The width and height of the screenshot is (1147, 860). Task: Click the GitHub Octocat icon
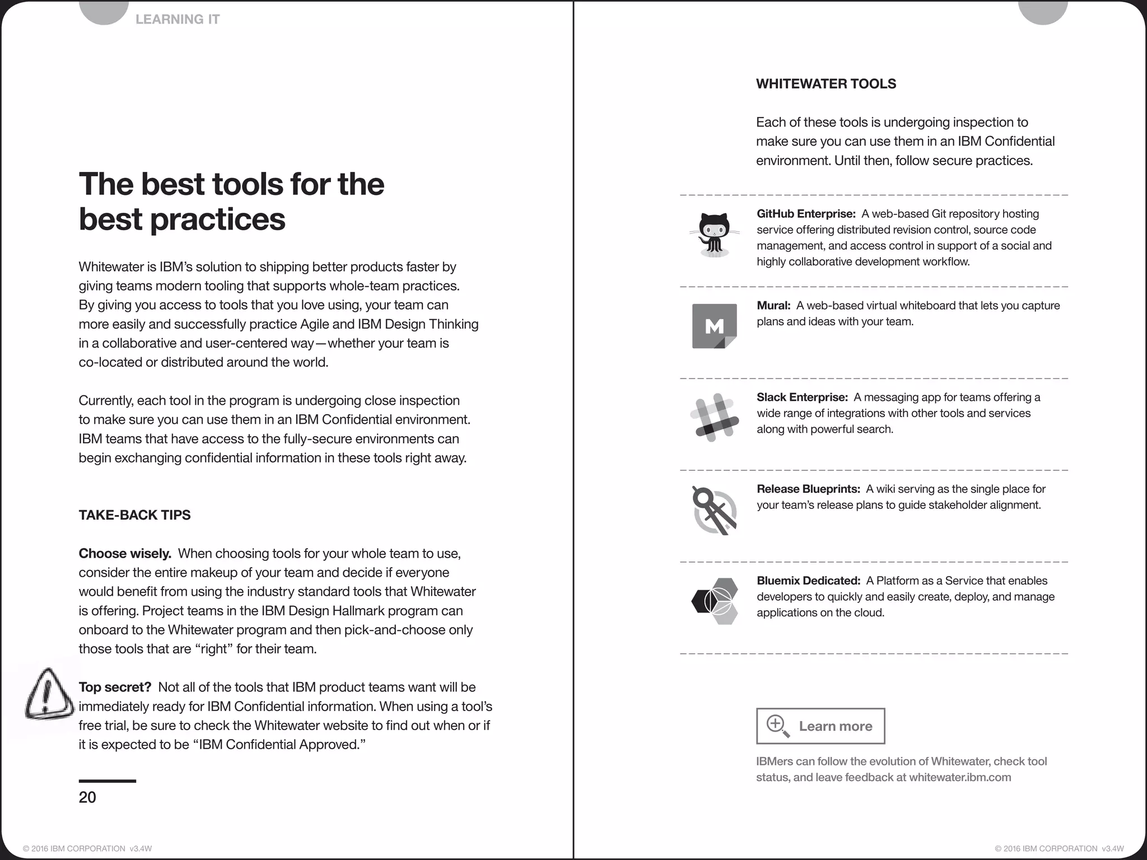tap(714, 235)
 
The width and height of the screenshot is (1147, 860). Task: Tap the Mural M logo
tap(714, 326)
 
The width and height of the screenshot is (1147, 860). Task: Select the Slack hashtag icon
tap(712, 418)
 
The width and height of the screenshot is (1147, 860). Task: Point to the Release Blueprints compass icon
tap(714, 510)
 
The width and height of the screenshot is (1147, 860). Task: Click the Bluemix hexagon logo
tap(715, 601)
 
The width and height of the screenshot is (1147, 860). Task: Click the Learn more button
tap(820, 726)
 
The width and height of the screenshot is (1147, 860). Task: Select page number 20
tap(87, 797)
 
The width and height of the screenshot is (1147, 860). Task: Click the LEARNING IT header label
tap(178, 20)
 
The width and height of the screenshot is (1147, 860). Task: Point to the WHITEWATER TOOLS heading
tap(826, 84)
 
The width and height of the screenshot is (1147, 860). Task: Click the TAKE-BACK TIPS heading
tap(134, 515)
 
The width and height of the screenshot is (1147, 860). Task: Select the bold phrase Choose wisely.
tap(125, 554)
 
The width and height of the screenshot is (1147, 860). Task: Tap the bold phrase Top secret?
tap(115, 688)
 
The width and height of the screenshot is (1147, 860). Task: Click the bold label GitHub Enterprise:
tap(806, 214)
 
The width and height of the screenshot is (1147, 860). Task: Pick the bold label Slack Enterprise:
tap(802, 398)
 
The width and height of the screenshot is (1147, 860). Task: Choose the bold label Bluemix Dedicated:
tap(808, 581)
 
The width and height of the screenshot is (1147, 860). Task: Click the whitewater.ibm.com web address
tap(960, 778)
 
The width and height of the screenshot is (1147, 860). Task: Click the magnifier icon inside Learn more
tap(777, 726)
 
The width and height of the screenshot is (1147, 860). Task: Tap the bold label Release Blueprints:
tap(808, 489)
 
